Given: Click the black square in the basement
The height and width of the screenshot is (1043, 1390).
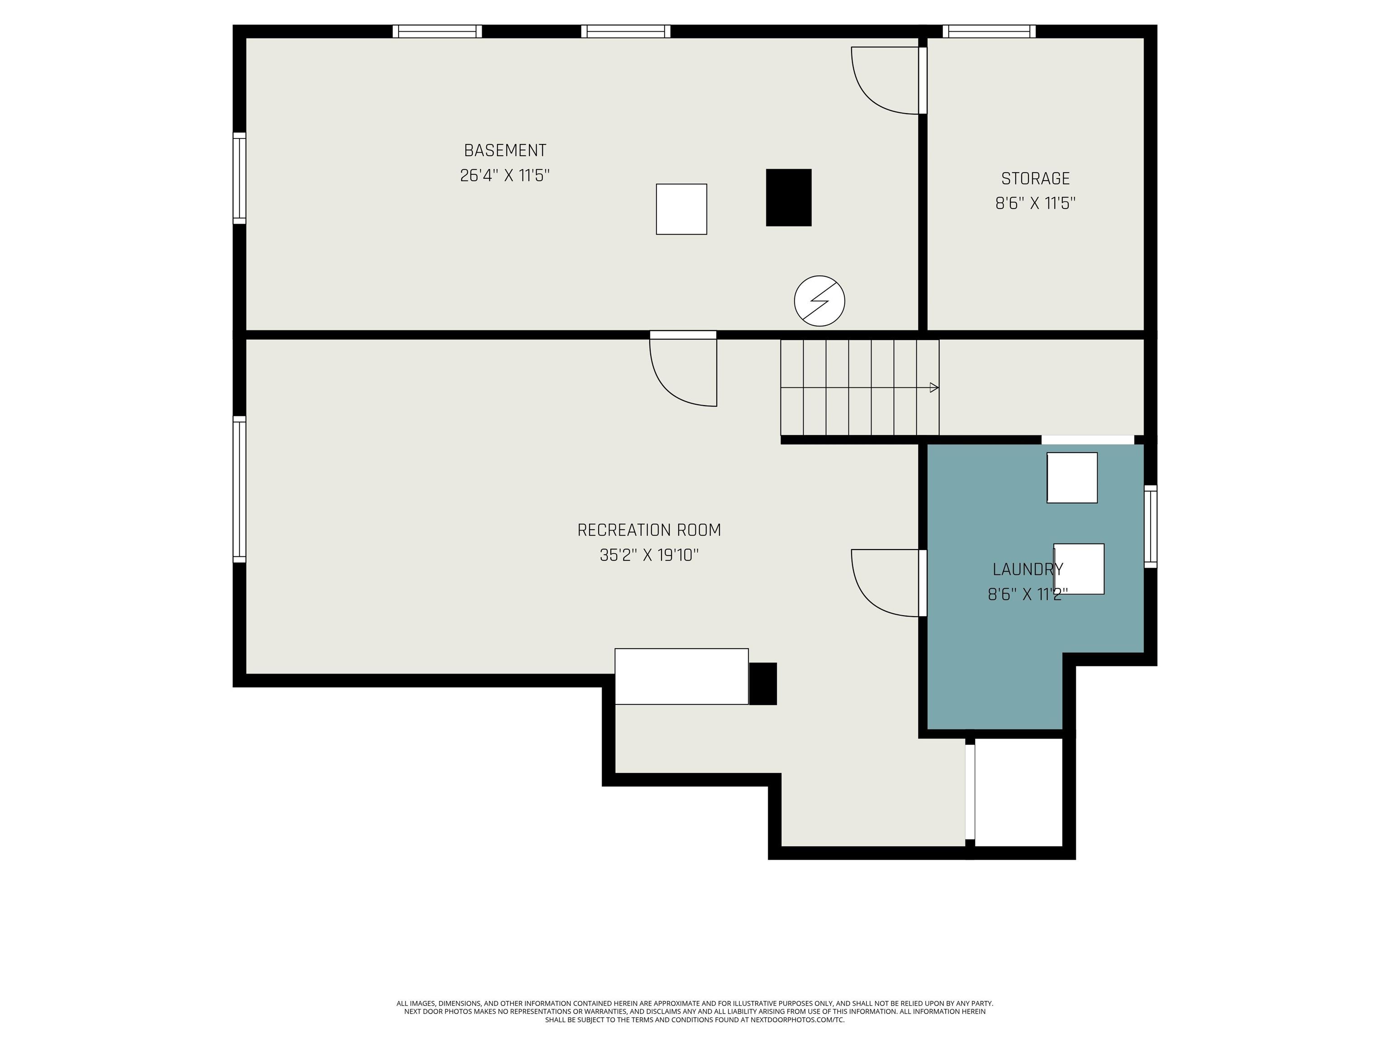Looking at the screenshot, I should [788, 197].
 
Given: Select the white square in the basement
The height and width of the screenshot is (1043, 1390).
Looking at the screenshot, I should [681, 209].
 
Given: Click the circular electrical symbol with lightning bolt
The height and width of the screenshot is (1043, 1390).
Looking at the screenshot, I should [819, 301].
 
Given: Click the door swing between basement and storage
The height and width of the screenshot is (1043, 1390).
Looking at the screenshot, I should [883, 82].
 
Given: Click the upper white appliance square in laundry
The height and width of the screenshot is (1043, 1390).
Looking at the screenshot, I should [1071, 478].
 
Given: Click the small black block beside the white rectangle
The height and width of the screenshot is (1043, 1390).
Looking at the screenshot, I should [763, 684].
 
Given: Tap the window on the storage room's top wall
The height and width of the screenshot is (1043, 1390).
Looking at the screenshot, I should [989, 31].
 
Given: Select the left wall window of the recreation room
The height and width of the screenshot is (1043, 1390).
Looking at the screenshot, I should [239, 489].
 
